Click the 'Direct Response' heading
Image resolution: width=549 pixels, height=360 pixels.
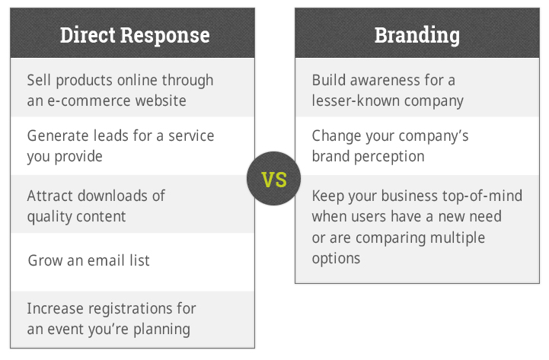click(135, 35)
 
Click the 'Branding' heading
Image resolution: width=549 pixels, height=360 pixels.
click(417, 36)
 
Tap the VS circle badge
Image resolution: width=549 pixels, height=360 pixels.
click(274, 178)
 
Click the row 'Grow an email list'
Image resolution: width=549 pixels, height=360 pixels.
click(88, 260)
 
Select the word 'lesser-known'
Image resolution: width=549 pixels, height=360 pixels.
click(356, 100)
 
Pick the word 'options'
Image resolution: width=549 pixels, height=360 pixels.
click(336, 259)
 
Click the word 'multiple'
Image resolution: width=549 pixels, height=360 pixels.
click(458, 238)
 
